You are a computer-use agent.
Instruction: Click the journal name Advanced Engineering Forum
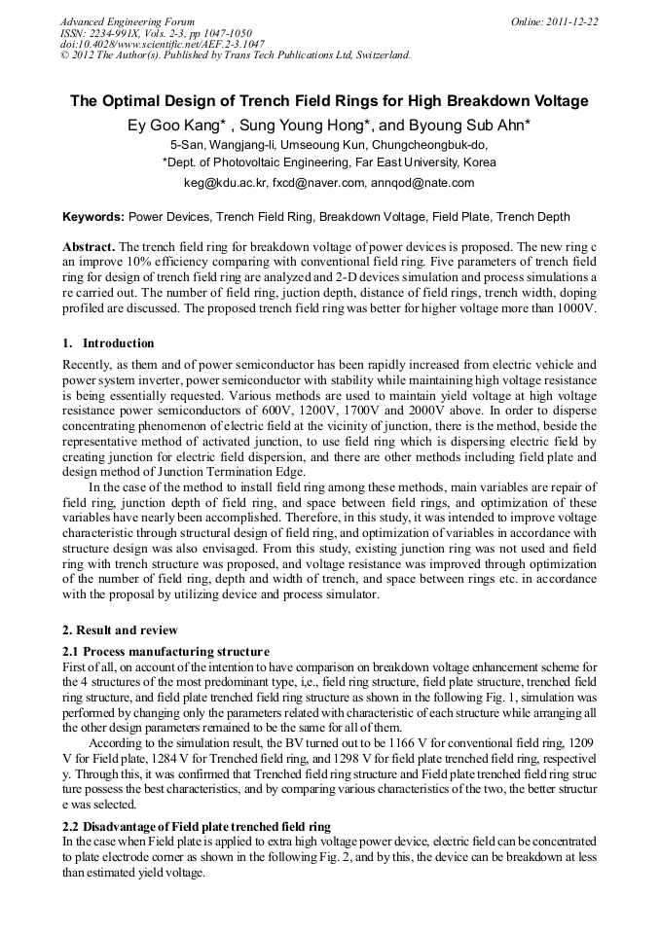[x=128, y=21]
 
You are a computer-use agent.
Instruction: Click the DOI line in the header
[x=162, y=44]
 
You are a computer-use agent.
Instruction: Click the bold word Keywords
[x=92, y=217]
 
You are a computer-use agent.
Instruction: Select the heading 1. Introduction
[x=108, y=343]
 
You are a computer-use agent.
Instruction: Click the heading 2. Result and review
[x=120, y=631]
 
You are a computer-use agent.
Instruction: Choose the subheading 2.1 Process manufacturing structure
[x=165, y=651]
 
